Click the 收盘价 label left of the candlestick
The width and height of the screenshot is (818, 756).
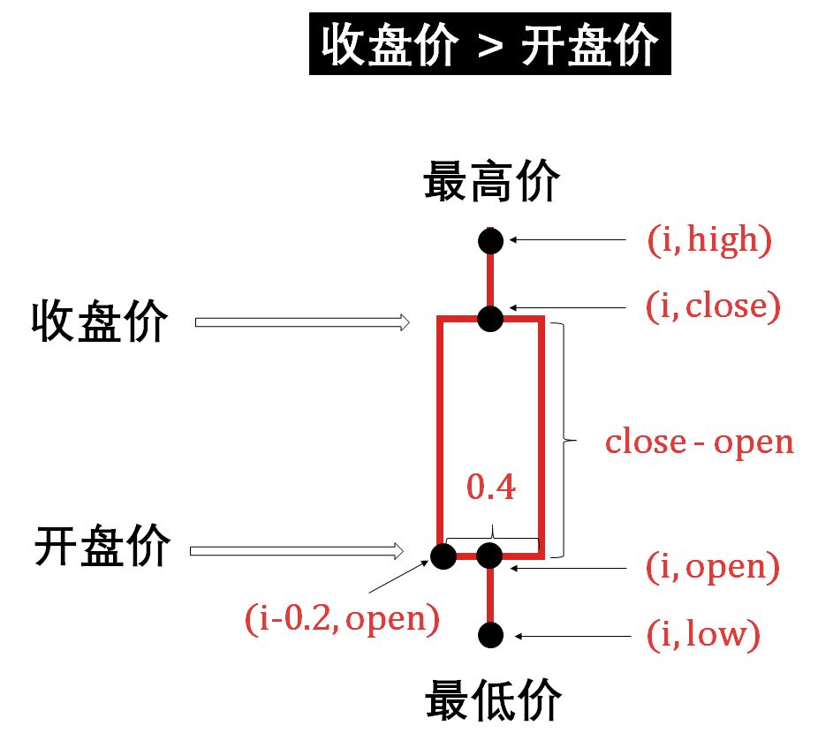[x=99, y=321]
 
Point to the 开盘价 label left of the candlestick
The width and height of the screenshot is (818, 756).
[x=102, y=547]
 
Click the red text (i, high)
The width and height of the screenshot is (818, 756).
[x=709, y=239]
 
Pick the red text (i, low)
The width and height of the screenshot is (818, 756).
[x=703, y=635]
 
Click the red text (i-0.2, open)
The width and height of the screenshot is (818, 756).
[x=343, y=617]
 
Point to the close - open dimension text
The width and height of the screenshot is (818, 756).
[x=699, y=442]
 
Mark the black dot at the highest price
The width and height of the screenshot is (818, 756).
[x=490, y=239]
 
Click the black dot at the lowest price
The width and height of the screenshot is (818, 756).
[x=490, y=634]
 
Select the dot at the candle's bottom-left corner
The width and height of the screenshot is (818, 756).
[x=442, y=556]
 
